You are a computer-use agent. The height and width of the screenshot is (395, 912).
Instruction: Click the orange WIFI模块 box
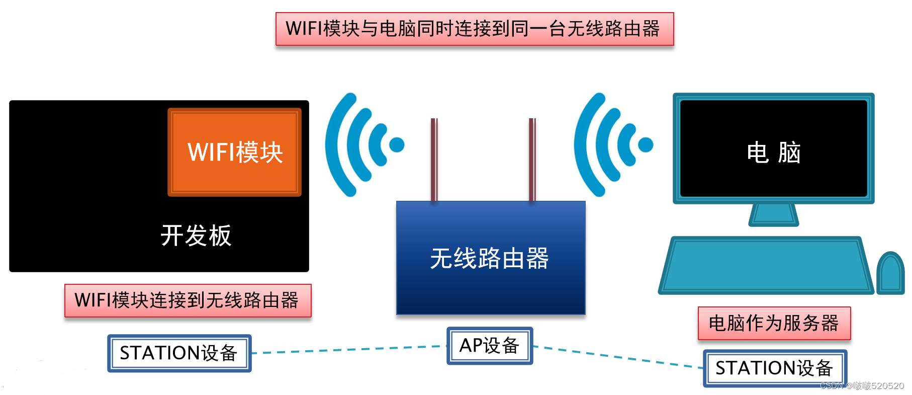tap(234, 152)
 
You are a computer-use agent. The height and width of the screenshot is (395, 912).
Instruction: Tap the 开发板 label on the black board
tap(196, 235)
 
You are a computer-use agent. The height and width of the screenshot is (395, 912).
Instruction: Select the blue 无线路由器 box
tap(490, 258)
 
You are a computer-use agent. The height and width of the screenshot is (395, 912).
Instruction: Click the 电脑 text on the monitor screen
tap(773, 152)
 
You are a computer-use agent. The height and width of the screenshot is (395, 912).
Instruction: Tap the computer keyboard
tap(765, 265)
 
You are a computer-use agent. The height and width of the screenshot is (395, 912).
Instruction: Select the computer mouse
tap(890, 274)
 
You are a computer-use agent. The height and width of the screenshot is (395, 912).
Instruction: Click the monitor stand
tap(773, 215)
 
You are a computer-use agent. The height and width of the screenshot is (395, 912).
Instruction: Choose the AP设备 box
tap(490, 346)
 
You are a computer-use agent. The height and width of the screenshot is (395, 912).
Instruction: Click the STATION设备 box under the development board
tap(179, 353)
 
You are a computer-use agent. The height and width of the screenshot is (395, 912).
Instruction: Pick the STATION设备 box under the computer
tap(774, 368)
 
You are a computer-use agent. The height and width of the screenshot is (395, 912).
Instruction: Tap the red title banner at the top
tap(474, 29)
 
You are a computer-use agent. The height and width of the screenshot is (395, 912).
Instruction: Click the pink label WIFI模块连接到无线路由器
tap(188, 300)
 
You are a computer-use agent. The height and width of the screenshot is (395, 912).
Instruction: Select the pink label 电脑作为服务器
tap(774, 323)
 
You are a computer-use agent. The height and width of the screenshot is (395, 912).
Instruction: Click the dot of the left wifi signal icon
tap(397, 145)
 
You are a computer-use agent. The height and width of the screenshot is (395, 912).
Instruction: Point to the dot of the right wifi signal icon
tap(646, 145)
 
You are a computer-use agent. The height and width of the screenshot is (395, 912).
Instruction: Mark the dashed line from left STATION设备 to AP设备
tap(349, 350)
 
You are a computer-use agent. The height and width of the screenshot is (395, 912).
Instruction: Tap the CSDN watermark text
tap(862, 386)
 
